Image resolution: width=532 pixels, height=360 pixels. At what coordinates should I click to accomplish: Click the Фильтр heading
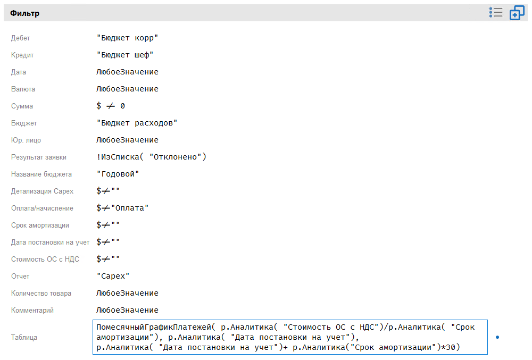[24, 13]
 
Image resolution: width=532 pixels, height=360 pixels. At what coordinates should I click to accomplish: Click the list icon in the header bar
[496, 13]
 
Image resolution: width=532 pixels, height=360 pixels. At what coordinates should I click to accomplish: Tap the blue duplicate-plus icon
[517, 13]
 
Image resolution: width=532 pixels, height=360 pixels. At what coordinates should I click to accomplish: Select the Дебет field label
[21, 38]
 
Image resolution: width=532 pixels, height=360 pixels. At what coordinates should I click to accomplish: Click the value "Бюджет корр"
[128, 38]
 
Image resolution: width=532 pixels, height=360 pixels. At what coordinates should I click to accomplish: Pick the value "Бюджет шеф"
[126, 55]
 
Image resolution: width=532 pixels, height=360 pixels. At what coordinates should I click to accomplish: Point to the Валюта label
[23, 89]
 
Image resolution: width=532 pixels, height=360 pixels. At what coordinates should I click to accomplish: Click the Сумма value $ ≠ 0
[111, 106]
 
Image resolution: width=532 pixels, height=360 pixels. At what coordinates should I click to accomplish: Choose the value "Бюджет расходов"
[137, 123]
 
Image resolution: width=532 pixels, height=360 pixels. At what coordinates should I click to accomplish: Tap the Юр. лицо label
[26, 140]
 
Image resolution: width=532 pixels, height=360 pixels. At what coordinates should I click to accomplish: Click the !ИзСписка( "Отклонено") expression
[151, 157]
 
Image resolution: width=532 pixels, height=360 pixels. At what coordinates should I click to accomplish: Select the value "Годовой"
[118, 174]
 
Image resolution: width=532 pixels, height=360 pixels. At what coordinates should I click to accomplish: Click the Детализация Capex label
[43, 191]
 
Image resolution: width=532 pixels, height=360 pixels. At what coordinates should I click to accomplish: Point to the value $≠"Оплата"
[122, 208]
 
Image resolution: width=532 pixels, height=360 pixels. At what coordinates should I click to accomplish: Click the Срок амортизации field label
[40, 225]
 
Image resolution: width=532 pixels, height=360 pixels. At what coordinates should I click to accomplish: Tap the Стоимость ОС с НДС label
[45, 259]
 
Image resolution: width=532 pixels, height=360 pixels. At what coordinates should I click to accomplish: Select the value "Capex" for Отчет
[113, 277]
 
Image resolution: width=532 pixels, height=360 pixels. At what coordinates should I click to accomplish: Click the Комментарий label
[32, 311]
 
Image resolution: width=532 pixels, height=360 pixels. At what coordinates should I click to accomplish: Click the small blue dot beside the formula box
[497, 337]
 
